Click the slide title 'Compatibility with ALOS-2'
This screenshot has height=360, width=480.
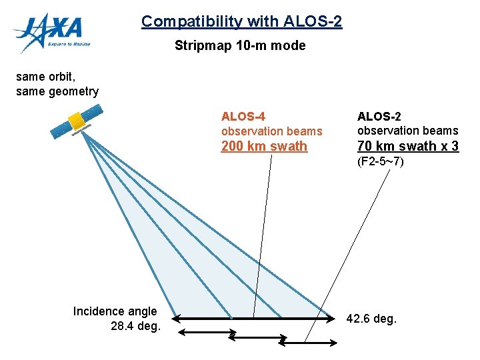click(241, 21)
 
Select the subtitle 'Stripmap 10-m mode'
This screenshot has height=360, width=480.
click(240, 46)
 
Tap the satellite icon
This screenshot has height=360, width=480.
click(76, 123)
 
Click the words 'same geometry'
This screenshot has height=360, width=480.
click(57, 91)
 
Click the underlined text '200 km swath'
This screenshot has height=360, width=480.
click(264, 146)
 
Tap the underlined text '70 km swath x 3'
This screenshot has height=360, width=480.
click(408, 146)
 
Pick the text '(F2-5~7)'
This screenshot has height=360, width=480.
click(381, 161)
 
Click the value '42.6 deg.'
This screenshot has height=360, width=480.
click(371, 319)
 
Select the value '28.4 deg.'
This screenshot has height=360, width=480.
click(135, 326)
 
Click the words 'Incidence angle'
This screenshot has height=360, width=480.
click(115, 311)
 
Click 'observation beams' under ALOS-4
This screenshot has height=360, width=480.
click(271, 131)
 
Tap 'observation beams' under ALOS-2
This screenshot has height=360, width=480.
click(408, 131)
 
